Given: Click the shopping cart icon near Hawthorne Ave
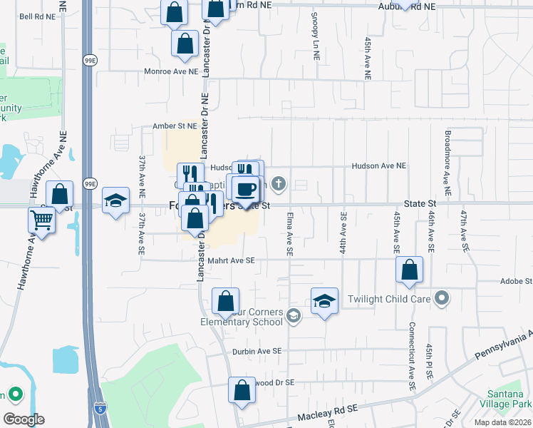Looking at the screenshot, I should (42, 221).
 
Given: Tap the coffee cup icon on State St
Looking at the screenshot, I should (245, 189).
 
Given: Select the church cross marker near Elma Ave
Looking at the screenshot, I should (279, 183).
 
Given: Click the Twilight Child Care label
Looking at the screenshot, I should (389, 299).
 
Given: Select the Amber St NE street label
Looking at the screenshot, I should (175, 126).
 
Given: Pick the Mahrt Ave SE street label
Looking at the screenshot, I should (230, 261).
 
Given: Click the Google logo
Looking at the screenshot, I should (24, 419).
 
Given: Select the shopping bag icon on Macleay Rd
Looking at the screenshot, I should (242, 391).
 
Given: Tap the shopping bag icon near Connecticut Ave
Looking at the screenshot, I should (410, 271).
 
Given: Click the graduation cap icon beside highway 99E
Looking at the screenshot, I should (115, 201).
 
